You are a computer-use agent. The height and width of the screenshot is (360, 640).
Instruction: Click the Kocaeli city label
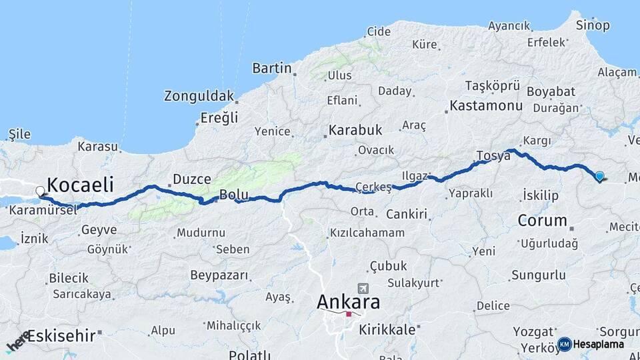click(x=79, y=185)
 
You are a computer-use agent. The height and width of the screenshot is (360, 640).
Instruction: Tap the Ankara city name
click(x=348, y=302)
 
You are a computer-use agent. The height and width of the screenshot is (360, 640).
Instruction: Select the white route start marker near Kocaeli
click(x=41, y=191)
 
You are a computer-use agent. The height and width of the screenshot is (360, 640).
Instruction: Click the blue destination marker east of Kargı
click(x=599, y=176)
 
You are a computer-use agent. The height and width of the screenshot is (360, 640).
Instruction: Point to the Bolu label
click(x=234, y=195)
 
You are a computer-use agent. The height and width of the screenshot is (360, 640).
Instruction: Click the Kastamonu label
click(x=485, y=105)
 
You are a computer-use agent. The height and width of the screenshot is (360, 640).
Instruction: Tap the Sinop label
click(x=593, y=25)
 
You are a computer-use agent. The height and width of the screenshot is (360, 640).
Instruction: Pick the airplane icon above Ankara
click(x=363, y=288)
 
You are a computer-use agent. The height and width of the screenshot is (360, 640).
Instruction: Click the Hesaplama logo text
click(x=597, y=344)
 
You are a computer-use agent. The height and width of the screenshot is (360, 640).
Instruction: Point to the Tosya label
click(x=493, y=156)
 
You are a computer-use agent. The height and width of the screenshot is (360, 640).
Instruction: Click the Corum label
click(x=542, y=220)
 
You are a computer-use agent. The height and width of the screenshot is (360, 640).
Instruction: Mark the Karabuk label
click(x=355, y=130)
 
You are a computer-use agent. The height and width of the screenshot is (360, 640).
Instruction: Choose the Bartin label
click(x=271, y=68)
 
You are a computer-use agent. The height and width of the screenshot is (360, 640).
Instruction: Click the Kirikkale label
click(x=387, y=329)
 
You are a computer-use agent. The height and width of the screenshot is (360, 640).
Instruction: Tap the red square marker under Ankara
click(x=348, y=314)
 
